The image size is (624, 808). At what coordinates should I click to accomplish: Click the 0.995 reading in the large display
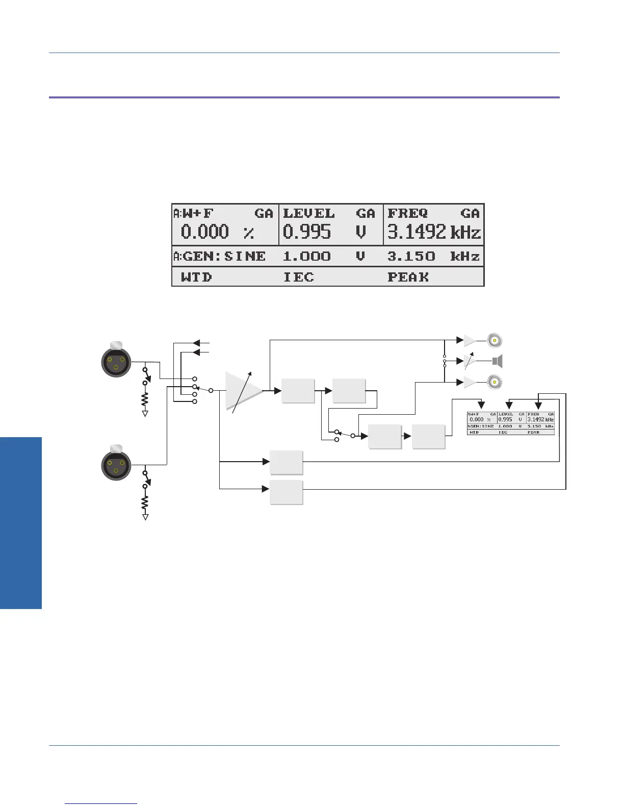tap(306, 232)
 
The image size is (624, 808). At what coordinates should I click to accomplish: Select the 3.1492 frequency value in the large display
tap(417, 232)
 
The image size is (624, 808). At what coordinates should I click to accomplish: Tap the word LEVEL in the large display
tap(309, 213)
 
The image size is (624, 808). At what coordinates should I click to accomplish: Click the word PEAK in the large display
tap(408, 277)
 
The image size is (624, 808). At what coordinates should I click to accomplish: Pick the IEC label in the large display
tap(298, 277)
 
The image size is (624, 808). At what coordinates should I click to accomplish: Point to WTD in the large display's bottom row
tap(196, 277)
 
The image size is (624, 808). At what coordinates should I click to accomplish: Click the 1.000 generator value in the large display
tap(306, 256)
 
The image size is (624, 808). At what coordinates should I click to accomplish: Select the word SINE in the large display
tap(245, 256)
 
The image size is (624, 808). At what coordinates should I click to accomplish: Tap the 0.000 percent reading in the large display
tap(205, 232)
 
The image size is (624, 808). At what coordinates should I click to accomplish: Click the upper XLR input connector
tap(116, 360)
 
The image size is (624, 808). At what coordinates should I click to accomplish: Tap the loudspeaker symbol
tap(497, 362)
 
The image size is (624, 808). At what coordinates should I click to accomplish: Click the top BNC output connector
tap(494, 340)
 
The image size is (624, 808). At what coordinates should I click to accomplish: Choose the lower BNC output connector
tap(494, 382)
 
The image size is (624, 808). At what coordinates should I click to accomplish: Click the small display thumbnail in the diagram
tap(510, 423)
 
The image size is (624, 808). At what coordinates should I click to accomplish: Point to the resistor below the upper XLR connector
tap(145, 398)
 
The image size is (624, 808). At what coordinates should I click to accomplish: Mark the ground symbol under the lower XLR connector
tap(146, 517)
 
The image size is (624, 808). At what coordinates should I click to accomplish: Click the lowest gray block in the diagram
tap(287, 492)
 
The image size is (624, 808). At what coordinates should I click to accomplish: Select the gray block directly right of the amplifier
tap(298, 391)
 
